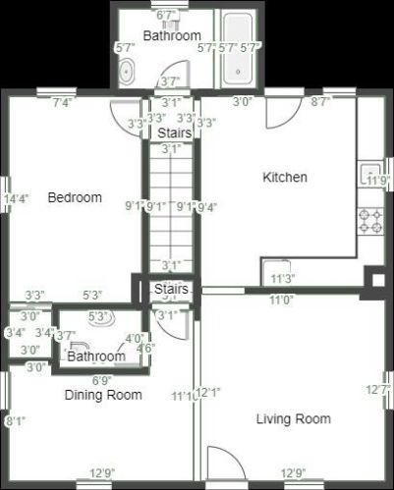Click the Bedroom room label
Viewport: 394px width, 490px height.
click(x=75, y=197)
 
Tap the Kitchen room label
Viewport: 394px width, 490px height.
click(x=285, y=178)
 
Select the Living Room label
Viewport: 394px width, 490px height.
click(x=293, y=419)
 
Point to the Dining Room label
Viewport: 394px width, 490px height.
click(x=103, y=395)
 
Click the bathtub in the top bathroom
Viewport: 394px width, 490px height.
click(x=239, y=49)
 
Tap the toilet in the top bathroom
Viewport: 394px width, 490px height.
click(x=127, y=72)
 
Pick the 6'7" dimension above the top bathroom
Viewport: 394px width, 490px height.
click(x=167, y=15)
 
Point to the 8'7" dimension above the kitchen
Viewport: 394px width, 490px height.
click(x=320, y=101)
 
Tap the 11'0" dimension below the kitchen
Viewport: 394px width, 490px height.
click(x=281, y=301)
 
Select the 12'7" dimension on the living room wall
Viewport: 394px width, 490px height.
click(x=378, y=390)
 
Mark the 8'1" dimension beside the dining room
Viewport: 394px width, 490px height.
click(x=15, y=421)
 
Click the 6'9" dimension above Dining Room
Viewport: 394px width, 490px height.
click(x=102, y=380)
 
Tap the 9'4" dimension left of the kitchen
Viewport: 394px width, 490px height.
click(x=206, y=207)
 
